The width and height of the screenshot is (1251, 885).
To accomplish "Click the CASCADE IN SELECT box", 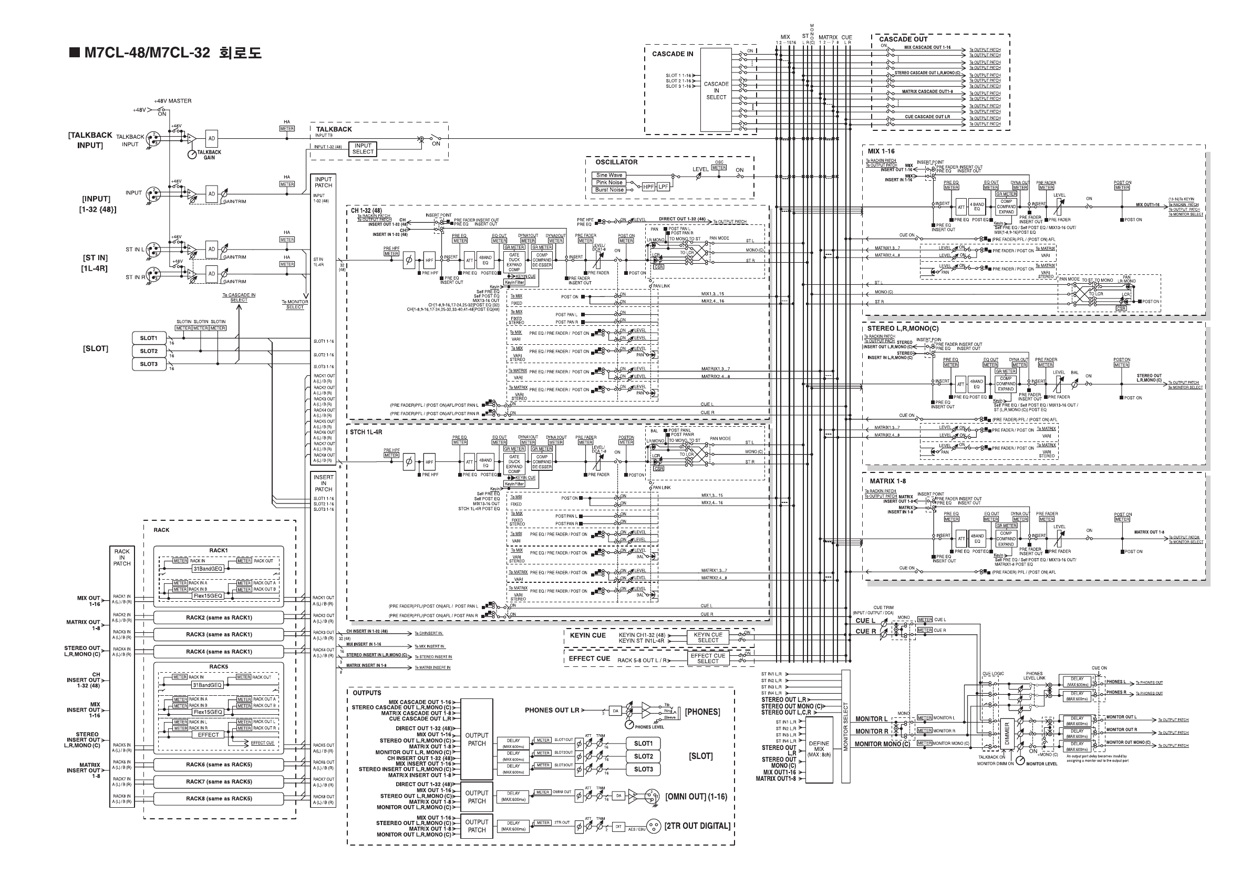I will click(x=716, y=90).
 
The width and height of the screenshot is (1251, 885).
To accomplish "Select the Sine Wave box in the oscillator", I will click(x=608, y=176).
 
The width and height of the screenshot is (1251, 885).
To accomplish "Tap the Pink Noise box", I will click(x=608, y=182).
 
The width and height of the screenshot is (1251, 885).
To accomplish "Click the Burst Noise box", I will click(x=608, y=190).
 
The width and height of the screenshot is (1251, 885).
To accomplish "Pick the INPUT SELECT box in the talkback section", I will click(x=363, y=149).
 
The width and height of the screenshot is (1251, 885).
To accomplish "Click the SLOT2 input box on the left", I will click(x=149, y=351).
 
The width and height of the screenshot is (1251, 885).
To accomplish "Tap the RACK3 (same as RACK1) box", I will click(x=219, y=634).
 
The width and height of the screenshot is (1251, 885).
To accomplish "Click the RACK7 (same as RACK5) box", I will click(x=219, y=781).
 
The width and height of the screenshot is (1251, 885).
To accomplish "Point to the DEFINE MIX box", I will click(x=819, y=749).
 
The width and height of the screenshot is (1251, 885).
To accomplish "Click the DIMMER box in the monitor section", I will click(x=1006, y=733).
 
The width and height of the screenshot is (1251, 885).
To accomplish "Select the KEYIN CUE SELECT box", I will click(x=708, y=637).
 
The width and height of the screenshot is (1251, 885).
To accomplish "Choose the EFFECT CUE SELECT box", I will click(x=708, y=658).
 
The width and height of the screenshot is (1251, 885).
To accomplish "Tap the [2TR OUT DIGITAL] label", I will click(x=697, y=826).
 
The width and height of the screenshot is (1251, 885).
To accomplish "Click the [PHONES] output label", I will click(x=702, y=712).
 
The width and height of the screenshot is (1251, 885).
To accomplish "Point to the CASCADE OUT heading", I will click(x=903, y=39).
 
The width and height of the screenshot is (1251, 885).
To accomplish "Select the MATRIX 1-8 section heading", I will click(x=887, y=481).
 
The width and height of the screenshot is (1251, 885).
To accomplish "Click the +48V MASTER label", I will click(x=172, y=101).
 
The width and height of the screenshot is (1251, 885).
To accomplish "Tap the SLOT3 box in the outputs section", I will click(x=643, y=769).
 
